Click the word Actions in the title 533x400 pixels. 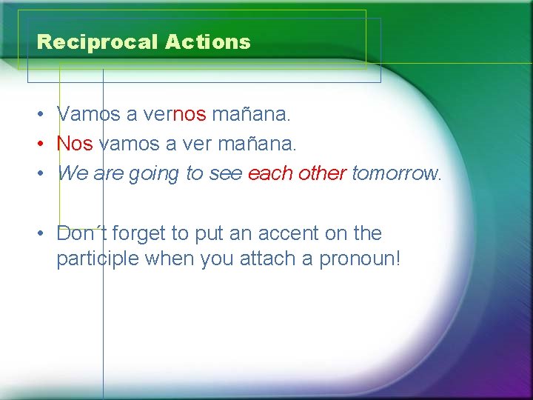(208, 42)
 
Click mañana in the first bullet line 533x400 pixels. (251, 114)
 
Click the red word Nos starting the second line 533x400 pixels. (75, 144)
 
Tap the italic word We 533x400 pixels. (72, 173)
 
